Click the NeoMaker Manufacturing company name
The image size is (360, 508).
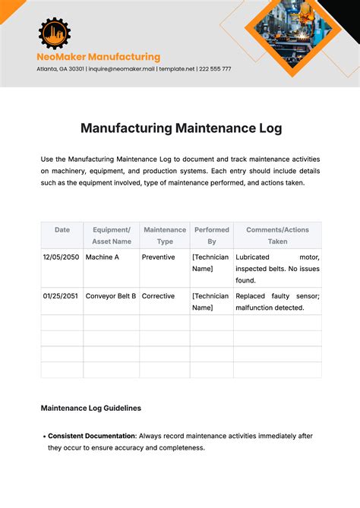(x=98, y=57)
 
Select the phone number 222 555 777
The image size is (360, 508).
(x=215, y=69)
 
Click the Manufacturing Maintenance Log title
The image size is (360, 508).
(x=181, y=128)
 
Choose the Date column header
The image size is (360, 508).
(x=62, y=229)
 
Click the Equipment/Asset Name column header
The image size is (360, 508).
(x=112, y=235)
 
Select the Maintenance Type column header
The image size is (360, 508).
(x=165, y=235)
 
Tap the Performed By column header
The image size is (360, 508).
(x=212, y=235)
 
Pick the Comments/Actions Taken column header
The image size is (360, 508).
(x=277, y=235)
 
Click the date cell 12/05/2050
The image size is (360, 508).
(x=61, y=257)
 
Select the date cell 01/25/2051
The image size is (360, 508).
(x=61, y=296)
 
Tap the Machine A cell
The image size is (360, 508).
(x=102, y=257)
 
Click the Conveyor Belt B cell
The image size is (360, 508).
(x=111, y=296)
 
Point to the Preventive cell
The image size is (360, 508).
(x=158, y=257)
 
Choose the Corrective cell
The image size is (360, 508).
(x=158, y=296)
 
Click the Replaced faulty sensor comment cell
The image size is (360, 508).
(x=277, y=301)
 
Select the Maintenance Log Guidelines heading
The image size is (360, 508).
(x=90, y=408)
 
